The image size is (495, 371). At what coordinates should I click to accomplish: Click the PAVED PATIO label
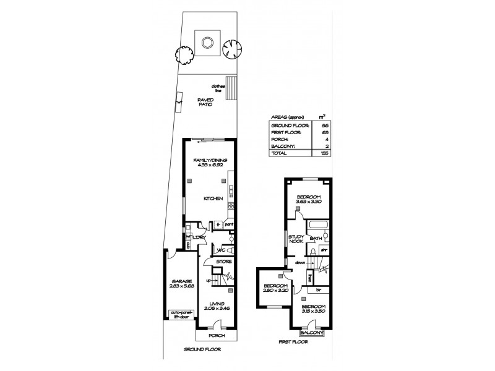pyautogui.click(x=205, y=102)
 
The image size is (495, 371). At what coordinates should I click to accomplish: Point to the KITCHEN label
pyautogui.click(x=213, y=198)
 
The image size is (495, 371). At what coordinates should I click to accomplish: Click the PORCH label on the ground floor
pyautogui.click(x=217, y=335)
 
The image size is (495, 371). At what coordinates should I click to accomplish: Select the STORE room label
pyautogui.click(x=224, y=262)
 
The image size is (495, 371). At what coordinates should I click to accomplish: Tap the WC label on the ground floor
pyautogui.click(x=218, y=250)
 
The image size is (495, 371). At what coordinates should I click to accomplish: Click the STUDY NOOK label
pyautogui.click(x=295, y=239)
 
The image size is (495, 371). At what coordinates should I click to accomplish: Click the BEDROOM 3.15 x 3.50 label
pyautogui.click(x=313, y=308)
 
